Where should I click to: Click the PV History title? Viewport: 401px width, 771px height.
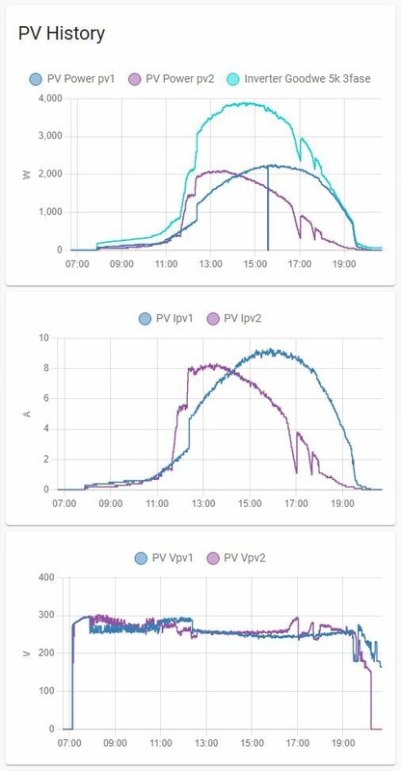point(62,34)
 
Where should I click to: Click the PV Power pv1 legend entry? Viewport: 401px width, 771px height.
point(72,78)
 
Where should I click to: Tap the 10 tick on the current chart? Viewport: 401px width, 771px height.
point(42,337)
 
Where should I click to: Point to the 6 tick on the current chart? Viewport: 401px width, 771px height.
point(45,398)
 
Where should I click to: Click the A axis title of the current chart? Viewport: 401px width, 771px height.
point(25,413)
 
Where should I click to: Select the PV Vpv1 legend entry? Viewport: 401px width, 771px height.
point(169,557)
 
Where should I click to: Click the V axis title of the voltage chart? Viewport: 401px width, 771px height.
point(25,653)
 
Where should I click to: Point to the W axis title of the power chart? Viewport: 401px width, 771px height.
point(25,174)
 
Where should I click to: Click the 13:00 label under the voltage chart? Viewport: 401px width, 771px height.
point(206,744)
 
